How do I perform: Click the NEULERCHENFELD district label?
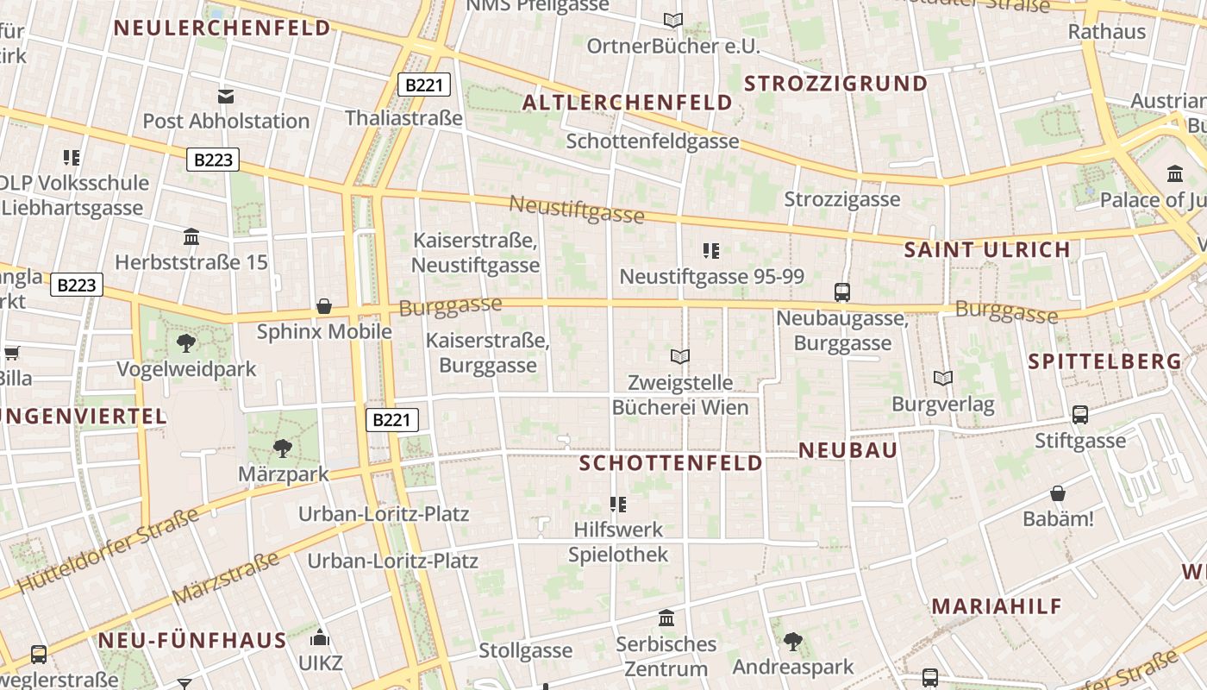[x=222, y=28]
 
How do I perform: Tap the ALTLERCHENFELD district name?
[x=628, y=103]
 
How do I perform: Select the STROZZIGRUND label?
[x=835, y=84]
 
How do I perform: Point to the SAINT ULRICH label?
[x=986, y=250]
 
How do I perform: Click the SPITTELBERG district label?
[x=1104, y=361]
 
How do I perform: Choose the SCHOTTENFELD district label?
[x=671, y=463]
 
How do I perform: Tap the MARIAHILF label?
[x=997, y=606]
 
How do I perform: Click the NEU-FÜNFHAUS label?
[x=191, y=641]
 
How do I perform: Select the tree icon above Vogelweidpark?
[x=185, y=343]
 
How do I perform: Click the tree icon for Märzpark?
[x=282, y=448]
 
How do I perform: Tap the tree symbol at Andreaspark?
[x=792, y=641]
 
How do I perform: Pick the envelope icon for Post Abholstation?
[x=225, y=96]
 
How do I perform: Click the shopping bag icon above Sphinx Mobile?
[x=324, y=306]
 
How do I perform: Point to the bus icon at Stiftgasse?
[x=1080, y=415]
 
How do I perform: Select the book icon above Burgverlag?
[x=943, y=378]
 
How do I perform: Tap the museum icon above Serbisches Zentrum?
[x=666, y=618]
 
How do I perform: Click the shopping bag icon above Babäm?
[x=1058, y=493]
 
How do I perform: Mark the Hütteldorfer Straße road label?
[x=108, y=550]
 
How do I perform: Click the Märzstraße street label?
[x=226, y=578]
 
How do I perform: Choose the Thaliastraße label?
[x=403, y=118]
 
